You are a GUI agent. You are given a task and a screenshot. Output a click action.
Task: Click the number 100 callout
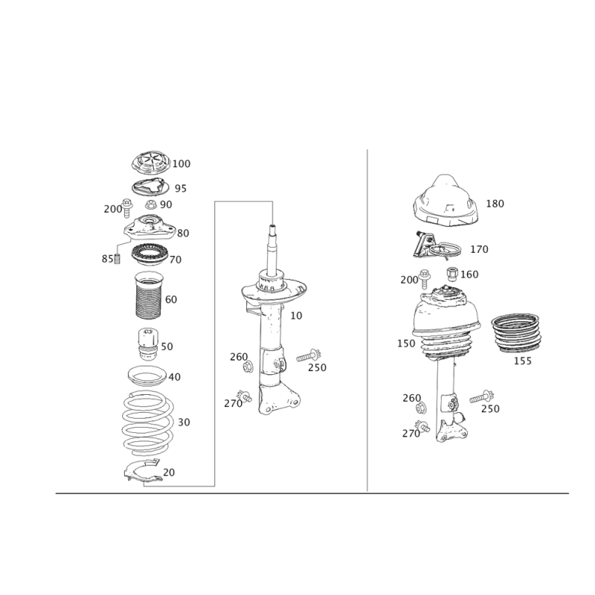coord(182,163)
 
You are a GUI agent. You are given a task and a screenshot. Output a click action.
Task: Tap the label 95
coord(181,188)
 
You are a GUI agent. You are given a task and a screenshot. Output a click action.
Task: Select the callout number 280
coord(112,209)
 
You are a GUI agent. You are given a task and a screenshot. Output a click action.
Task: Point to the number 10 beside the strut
coord(297,316)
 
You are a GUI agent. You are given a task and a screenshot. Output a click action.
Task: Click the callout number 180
coord(495,204)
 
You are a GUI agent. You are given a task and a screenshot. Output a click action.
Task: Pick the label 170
coord(480,248)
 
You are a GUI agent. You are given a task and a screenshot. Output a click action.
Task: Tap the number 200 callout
coord(408,280)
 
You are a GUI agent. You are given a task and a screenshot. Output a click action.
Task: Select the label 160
coord(469,274)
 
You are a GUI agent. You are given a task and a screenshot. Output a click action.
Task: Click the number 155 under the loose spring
coord(523,361)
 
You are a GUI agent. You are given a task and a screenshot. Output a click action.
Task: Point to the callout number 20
coord(169,472)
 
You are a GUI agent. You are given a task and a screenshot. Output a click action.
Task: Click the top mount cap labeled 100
coord(151,163)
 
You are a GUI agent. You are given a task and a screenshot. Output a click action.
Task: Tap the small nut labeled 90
coord(151,203)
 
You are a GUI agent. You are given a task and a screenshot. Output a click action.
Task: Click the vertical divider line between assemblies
coord(369,320)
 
